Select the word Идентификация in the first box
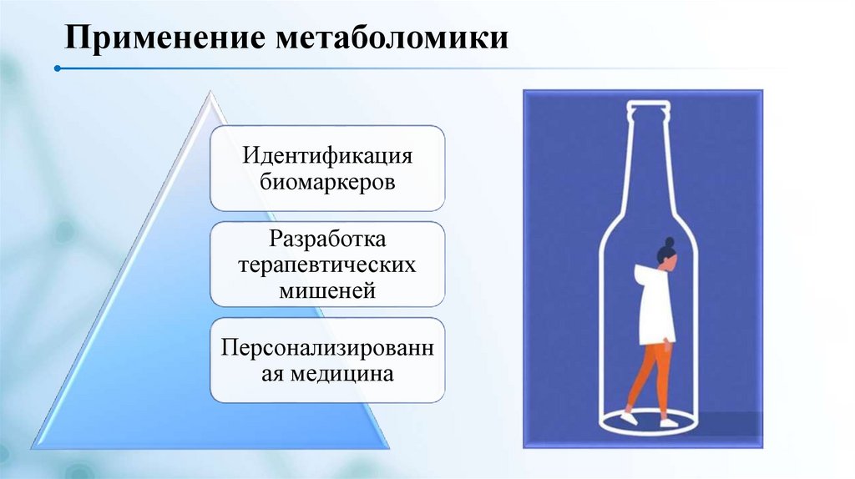pyautogui.click(x=327, y=156)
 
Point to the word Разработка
pyautogui.click(x=327, y=240)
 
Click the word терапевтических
pyautogui.click(x=327, y=265)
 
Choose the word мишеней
pyautogui.click(x=327, y=290)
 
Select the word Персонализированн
pyautogui.click(x=327, y=348)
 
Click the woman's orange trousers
pyautogui.click(x=656, y=376)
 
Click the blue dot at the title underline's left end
pyautogui.click(x=57, y=68)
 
